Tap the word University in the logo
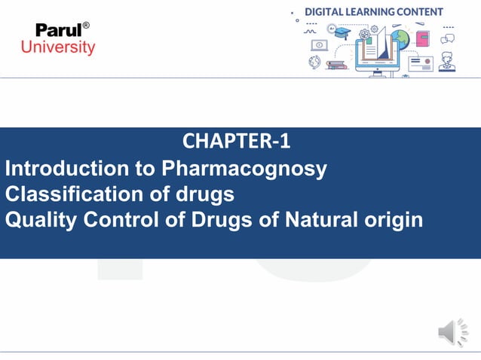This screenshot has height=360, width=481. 58,47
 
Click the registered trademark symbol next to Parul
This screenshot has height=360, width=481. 86,26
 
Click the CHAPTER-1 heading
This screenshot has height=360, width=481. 236,141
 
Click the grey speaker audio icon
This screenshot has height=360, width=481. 452,332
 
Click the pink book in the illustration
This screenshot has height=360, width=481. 422,38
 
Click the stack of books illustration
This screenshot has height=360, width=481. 336,65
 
